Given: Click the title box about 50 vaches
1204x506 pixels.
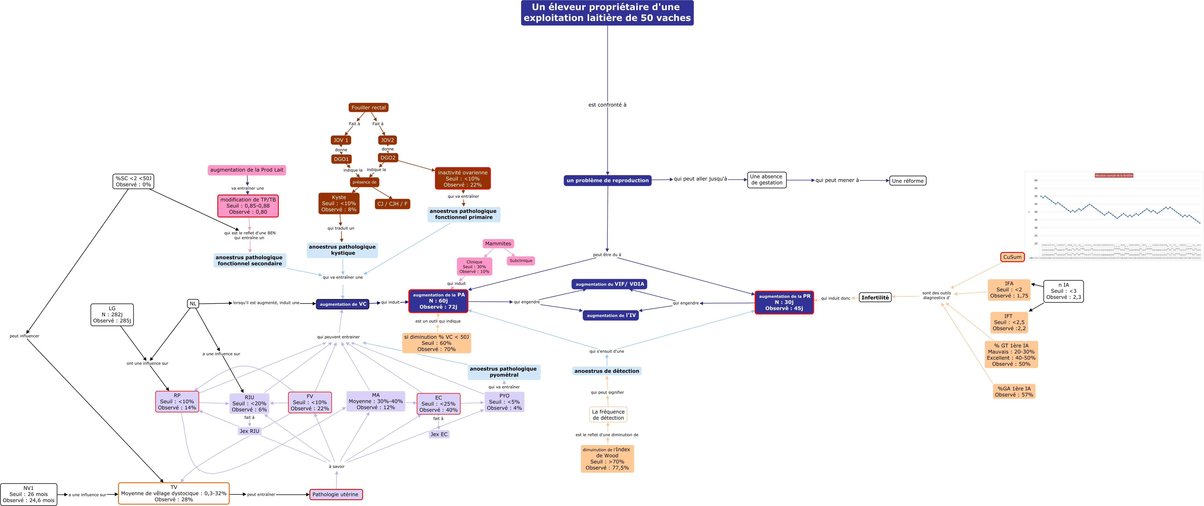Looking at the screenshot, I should [x=607, y=13].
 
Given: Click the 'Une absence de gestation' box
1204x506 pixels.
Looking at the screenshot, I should [x=766, y=179].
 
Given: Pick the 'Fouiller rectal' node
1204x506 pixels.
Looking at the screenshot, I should [x=368, y=107].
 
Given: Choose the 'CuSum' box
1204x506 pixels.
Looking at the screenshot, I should [x=1012, y=257].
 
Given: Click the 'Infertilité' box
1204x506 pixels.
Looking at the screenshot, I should [x=875, y=298].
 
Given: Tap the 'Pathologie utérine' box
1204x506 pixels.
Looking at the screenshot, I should [x=336, y=494].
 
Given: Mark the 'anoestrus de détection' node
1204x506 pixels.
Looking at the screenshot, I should [x=607, y=371].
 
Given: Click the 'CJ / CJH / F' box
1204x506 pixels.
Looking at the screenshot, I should [x=392, y=204].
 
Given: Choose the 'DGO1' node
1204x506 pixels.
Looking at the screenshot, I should [x=341, y=159].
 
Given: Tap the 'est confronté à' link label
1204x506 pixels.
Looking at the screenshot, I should [x=607, y=105].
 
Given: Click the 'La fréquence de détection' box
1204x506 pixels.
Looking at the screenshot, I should [x=608, y=415].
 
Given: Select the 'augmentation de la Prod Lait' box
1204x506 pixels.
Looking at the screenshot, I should [x=247, y=170].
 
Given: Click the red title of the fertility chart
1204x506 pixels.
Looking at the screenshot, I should [x=1114, y=175].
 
